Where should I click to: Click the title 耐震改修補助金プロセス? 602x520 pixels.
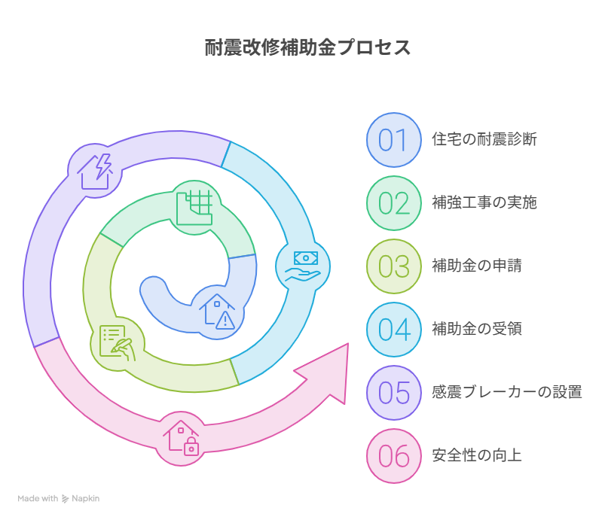click(x=307, y=47)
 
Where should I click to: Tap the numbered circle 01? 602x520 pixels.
click(x=394, y=140)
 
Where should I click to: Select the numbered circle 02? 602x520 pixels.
click(x=394, y=203)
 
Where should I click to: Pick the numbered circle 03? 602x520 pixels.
click(x=394, y=266)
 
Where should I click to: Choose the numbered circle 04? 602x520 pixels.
click(x=394, y=330)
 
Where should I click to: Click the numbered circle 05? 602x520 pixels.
click(x=394, y=393)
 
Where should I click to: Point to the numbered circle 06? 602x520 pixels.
click(x=394, y=456)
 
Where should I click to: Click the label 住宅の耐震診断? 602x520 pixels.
click(x=484, y=139)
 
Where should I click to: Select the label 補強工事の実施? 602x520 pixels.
click(x=484, y=202)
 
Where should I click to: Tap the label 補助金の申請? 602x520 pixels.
click(x=477, y=266)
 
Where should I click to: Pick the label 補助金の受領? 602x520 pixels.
click(x=477, y=329)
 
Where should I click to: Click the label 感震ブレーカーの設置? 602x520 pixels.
click(x=507, y=392)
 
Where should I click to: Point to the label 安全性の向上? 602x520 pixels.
click(x=477, y=455)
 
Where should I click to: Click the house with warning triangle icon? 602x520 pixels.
click(x=217, y=312)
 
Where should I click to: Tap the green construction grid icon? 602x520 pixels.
click(x=194, y=208)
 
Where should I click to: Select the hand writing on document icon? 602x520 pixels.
click(x=117, y=343)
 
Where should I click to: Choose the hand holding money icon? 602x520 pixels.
click(x=303, y=266)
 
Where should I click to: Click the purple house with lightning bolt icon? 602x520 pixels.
click(x=95, y=171)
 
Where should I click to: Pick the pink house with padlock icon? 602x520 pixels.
click(x=181, y=438)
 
